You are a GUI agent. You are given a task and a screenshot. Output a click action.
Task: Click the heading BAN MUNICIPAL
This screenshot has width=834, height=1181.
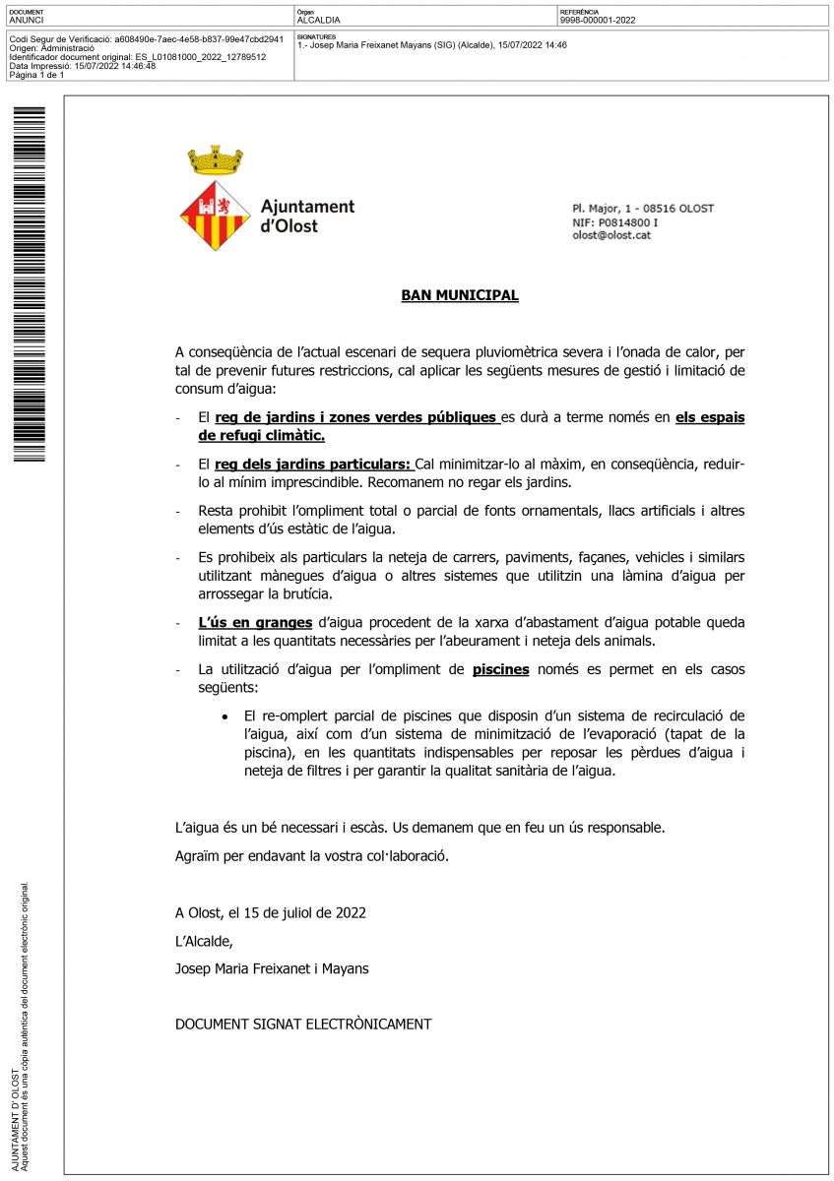click(x=460, y=295)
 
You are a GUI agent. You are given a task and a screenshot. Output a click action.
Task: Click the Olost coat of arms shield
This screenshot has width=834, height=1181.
click(x=216, y=215)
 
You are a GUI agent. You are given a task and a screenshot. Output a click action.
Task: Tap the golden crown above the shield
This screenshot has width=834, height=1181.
click(x=216, y=158)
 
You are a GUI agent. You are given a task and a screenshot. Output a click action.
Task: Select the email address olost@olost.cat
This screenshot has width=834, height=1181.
click(x=611, y=236)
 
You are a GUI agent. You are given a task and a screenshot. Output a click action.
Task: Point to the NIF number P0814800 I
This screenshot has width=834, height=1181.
click(x=615, y=222)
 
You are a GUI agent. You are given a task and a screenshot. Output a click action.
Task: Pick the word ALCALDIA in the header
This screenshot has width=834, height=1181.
click(x=318, y=20)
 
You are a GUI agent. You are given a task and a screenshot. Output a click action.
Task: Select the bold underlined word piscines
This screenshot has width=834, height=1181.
click(x=501, y=669)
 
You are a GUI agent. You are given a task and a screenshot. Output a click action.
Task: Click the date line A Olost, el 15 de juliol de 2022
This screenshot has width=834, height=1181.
click(x=271, y=912)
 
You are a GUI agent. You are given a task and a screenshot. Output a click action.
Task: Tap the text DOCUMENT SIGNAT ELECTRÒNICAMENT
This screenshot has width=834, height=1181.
click(x=303, y=1024)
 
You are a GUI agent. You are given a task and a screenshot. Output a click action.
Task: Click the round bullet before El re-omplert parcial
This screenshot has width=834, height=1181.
click(x=225, y=715)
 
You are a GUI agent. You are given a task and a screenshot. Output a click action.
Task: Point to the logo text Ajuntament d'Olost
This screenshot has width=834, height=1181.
click(x=306, y=216)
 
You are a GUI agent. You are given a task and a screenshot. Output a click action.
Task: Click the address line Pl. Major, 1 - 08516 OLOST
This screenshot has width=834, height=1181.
click(x=643, y=209)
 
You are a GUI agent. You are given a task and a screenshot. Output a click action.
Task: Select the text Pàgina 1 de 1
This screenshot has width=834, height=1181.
click(x=36, y=75)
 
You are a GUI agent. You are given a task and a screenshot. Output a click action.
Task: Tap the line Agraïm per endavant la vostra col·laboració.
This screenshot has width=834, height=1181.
click(x=312, y=855)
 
